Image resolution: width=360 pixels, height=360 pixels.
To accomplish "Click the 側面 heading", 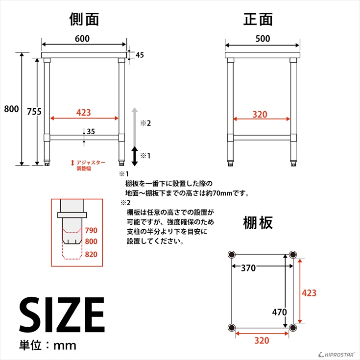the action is pyautogui.click(x=84, y=19).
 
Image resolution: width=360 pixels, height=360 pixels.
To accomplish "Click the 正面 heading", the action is pyautogui.click(x=258, y=19).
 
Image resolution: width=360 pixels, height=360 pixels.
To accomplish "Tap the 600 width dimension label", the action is pyautogui.click(x=82, y=39).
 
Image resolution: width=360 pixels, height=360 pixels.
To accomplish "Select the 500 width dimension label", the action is pyautogui.click(x=263, y=39).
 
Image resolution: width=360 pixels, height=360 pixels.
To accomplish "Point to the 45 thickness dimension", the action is pyautogui.click(x=140, y=55).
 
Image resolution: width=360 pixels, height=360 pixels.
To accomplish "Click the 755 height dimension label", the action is pyautogui.click(x=34, y=112).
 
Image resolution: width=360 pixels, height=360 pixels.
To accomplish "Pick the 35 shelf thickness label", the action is pyautogui.click(x=91, y=132).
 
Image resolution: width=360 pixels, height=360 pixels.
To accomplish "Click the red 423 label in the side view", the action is pyautogui.click(x=84, y=113).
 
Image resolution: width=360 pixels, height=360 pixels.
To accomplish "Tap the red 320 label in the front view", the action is pyautogui.click(x=260, y=114).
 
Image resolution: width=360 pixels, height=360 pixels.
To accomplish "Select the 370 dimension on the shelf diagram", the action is pyautogui.click(x=248, y=268).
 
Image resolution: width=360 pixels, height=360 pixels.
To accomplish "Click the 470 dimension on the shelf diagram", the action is pyautogui.click(x=279, y=312).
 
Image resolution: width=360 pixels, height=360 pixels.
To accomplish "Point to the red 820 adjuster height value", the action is pyautogui.click(x=91, y=254).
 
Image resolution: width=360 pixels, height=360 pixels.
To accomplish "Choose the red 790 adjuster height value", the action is pyautogui.click(x=91, y=230).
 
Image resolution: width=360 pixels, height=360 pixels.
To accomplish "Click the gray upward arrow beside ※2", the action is pyautogui.click(x=135, y=127).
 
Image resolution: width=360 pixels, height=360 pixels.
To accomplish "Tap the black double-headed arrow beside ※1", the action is pyautogui.click(x=135, y=156).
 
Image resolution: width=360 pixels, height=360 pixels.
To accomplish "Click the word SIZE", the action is pyautogui.click(x=62, y=314).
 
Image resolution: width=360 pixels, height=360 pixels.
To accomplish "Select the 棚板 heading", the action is pyautogui.click(x=258, y=222).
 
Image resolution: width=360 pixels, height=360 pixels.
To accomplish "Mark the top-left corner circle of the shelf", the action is pyautogui.click(x=232, y=255).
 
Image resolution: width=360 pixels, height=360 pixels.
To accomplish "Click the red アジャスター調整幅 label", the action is pyautogui.click(x=88, y=166).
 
